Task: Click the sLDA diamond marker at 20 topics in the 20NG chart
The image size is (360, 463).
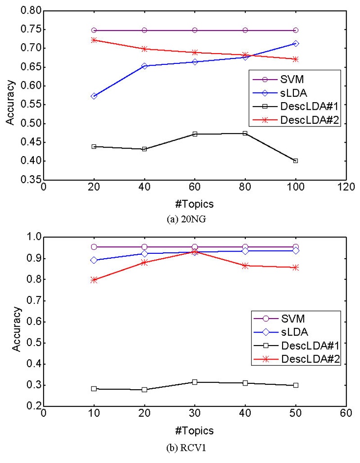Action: pyautogui.click(x=94, y=96)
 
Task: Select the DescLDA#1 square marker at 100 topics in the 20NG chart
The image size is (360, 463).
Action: pyautogui.click(x=296, y=161)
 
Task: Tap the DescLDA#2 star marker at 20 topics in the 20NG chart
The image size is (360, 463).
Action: pyautogui.click(x=94, y=40)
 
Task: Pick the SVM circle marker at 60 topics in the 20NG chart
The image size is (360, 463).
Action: pyautogui.click(x=195, y=30)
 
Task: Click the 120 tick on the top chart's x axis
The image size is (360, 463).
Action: pyautogui.click(x=346, y=187)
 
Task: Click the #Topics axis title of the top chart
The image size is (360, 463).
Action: pyautogui.click(x=194, y=204)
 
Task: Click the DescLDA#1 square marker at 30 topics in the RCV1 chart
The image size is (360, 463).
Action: pyautogui.click(x=195, y=382)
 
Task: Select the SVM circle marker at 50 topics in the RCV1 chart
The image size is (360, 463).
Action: pyautogui.click(x=296, y=247)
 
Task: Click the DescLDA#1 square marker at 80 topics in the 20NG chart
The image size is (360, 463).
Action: pyautogui.click(x=245, y=133)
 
